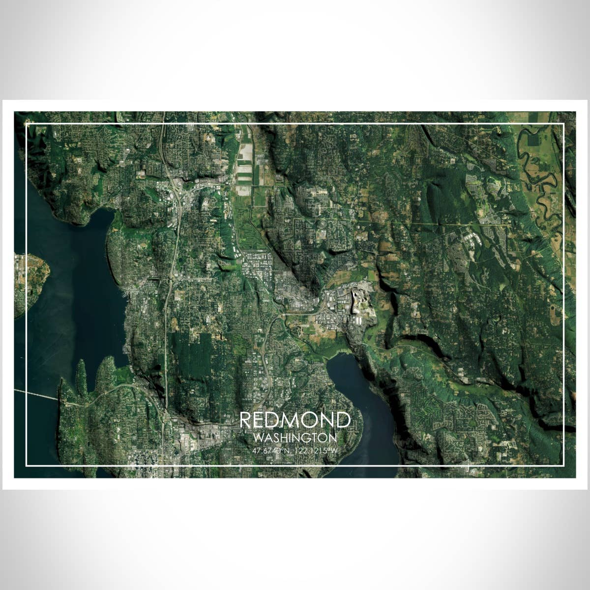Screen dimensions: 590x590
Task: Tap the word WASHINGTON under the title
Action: click(295, 437)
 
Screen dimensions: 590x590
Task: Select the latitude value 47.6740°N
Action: click(269, 450)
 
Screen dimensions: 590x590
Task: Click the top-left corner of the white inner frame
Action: click(27, 125)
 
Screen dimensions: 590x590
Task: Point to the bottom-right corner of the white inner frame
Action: click(563, 465)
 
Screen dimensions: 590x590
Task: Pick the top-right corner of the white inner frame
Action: click(563, 125)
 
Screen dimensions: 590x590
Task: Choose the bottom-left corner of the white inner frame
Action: click(27, 465)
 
